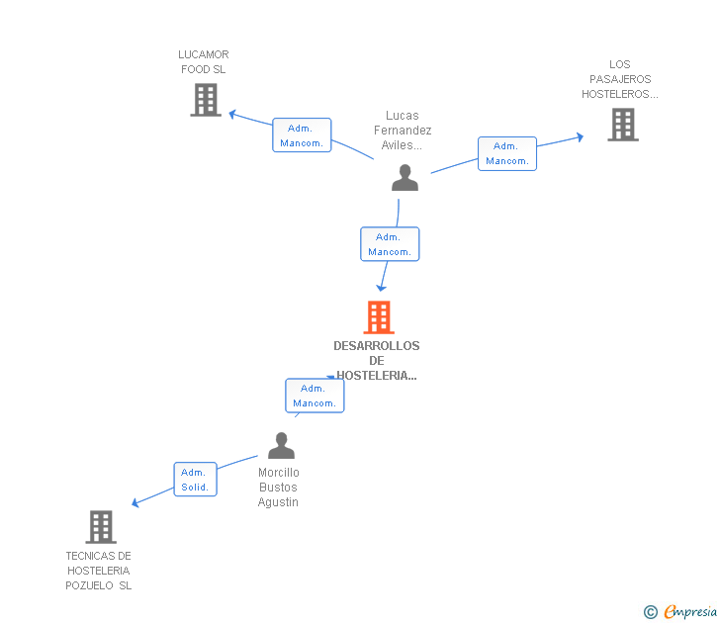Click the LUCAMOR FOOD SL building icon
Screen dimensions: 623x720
pos(206,100)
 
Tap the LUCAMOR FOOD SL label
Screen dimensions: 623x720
pos(203,62)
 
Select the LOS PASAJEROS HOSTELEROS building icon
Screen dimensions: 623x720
pos(622,125)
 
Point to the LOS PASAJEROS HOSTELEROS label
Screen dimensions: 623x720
pos(619,79)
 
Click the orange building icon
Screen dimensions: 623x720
pos(378,317)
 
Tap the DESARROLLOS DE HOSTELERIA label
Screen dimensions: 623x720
pos(376,360)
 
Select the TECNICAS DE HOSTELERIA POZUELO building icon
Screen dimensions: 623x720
pos(101,527)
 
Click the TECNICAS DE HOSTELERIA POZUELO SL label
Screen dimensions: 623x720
pos(99,571)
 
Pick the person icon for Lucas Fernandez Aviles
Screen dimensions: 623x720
pos(405,178)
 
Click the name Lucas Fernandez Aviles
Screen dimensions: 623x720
pos(403,131)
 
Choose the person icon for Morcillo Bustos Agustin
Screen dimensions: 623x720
pos(281,446)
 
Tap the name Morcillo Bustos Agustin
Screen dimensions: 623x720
pos(279,488)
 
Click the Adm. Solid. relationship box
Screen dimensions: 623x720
pos(195,480)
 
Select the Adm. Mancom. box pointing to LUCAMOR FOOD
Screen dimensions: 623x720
pos(302,135)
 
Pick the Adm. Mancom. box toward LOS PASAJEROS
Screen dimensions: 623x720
pos(507,153)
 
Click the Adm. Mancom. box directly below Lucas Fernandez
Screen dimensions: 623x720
pos(390,244)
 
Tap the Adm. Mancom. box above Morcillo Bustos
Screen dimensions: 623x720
pos(315,396)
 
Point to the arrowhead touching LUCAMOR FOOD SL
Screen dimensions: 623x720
pos(233,114)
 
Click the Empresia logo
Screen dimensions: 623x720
pos(689,611)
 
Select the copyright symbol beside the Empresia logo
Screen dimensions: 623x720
pos(650,612)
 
